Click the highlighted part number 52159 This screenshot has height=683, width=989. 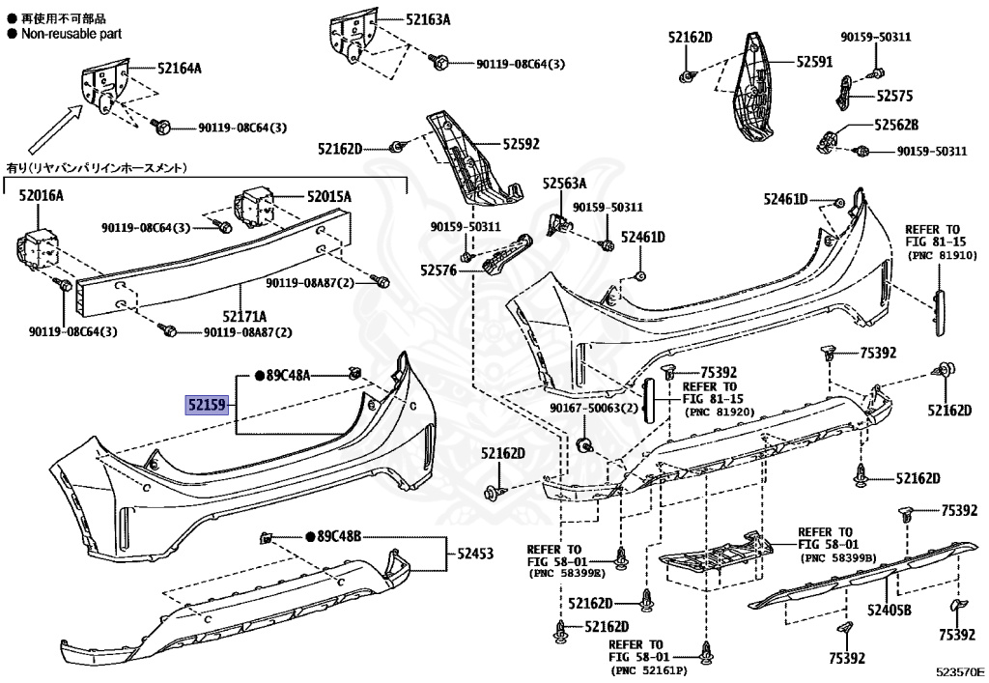tap(208, 406)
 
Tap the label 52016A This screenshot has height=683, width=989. tap(41, 195)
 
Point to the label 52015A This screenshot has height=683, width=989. tap(329, 196)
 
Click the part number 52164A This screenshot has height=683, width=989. tap(180, 68)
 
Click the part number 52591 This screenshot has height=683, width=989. tap(814, 60)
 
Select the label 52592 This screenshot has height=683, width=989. tap(521, 144)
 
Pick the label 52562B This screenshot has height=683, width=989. tap(896, 125)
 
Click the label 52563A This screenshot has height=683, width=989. tap(564, 184)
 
